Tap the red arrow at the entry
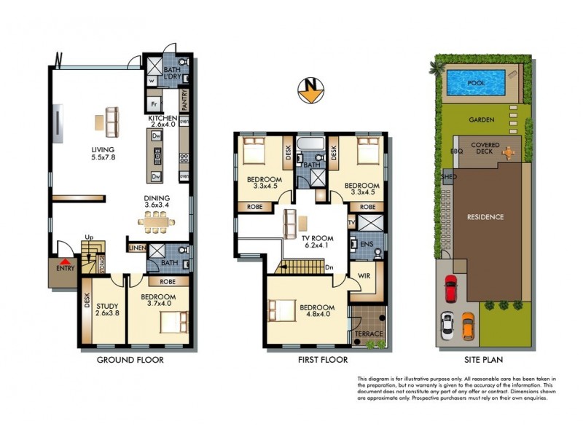[66, 261]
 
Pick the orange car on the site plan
[468, 326]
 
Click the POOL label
[477, 84]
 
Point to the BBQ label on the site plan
[457, 151]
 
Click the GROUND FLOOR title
[130, 360]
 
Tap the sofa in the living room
[111, 121]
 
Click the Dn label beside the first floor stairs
[329, 267]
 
